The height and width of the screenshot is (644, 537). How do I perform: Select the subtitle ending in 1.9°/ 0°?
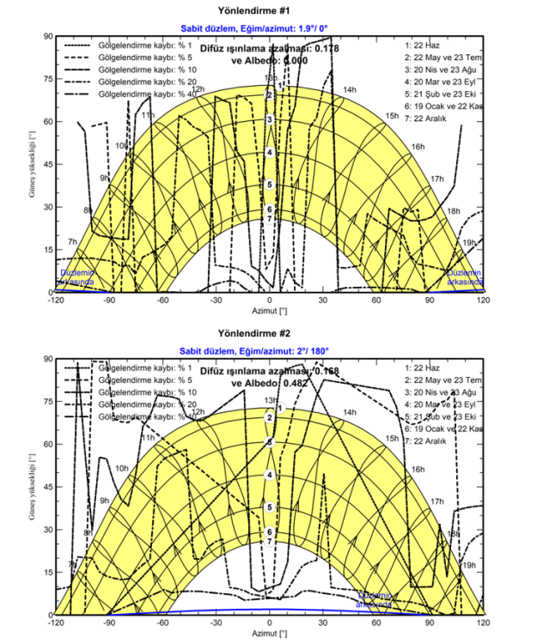(268, 27)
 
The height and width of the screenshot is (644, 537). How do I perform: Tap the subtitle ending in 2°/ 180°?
(268, 350)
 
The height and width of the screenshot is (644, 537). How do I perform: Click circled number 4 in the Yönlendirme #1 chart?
(270, 153)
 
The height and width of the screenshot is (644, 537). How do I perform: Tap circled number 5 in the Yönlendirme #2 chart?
(270, 507)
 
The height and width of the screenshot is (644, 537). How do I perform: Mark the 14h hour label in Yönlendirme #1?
(350, 90)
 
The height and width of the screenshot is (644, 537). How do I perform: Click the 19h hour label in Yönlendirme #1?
(470, 244)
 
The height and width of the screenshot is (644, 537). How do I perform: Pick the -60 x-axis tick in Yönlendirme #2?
(162, 624)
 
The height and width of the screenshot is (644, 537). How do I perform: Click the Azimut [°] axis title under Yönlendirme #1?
(268, 313)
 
